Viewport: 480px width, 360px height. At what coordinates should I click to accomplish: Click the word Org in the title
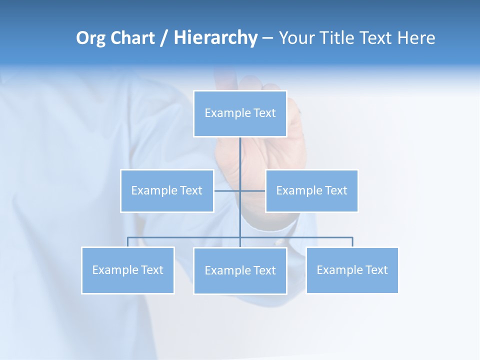click(x=91, y=38)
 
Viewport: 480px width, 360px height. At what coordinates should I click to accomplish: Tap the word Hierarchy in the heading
click(x=215, y=38)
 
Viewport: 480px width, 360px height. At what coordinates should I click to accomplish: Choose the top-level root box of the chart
click(x=240, y=113)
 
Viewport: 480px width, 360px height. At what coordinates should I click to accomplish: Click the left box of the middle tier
click(x=167, y=191)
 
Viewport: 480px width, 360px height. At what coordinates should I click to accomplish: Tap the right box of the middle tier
click(x=311, y=191)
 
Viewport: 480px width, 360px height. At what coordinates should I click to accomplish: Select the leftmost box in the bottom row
click(x=128, y=270)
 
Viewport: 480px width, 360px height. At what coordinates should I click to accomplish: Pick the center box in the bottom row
click(x=240, y=271)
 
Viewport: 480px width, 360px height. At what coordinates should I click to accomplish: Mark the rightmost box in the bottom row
click(x=352, y=270)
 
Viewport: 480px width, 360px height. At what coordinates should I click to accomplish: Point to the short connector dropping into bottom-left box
click(x=128, y=242)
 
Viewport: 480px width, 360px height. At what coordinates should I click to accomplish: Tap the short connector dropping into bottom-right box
click(x=352, y=242)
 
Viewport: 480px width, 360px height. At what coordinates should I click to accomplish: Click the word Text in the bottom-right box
click(x=376, y=270)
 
